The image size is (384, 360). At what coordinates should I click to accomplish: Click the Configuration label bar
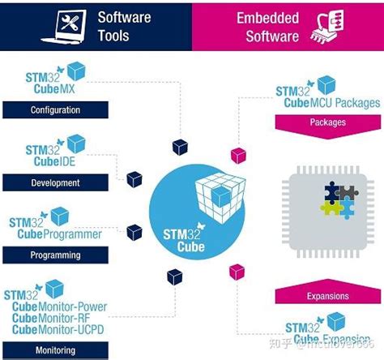tap(50, 109)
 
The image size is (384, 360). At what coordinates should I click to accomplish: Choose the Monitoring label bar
tap(50, 350)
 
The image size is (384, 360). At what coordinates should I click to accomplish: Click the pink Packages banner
tap(327, 123)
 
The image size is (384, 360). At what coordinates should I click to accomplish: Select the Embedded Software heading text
tap(267, 26)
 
